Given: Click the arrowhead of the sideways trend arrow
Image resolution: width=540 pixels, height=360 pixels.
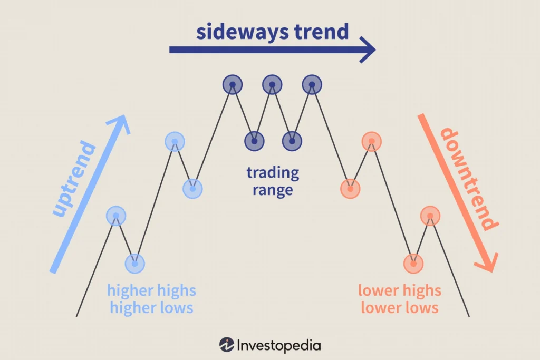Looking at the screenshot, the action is [368, 50].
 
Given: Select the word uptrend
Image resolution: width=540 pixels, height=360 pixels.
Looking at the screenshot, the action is [74, 179].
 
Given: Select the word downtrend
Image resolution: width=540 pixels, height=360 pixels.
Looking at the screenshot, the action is [469, 179].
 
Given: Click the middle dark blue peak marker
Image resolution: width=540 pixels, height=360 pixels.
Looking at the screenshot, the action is [272, 84].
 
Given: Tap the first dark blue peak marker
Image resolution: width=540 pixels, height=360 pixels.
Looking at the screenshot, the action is [233, 84].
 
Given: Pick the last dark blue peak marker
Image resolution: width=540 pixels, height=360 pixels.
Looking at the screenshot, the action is [312, 84].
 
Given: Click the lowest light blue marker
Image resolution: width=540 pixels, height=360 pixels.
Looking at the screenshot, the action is [135, 264].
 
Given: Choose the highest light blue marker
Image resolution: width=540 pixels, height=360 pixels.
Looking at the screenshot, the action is [175, 141].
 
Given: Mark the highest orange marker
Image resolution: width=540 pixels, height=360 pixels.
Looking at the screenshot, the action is [372, 141].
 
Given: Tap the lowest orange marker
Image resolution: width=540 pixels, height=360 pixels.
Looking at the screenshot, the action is [413, 264].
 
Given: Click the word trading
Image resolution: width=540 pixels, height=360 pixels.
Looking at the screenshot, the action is [273, 173].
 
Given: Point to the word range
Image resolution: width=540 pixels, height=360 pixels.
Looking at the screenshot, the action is [273, 190].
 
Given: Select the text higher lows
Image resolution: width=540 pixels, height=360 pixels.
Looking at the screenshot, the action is [151, 307].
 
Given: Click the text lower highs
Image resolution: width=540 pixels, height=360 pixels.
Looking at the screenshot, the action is [400, 290].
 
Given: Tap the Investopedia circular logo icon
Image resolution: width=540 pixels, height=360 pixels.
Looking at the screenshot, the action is [227, 345].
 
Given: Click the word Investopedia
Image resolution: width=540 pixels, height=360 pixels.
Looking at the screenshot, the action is [279, 346].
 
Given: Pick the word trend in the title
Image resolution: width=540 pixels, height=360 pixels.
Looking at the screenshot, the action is [322, 32].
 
